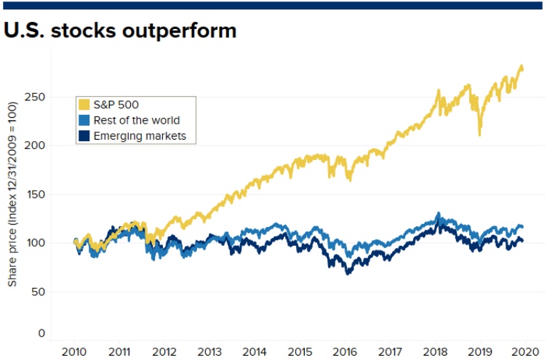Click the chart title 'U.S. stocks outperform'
121,31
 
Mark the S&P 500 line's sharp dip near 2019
479,134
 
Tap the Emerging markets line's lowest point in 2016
348,273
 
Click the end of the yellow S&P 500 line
522,68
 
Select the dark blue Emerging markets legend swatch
84,135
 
